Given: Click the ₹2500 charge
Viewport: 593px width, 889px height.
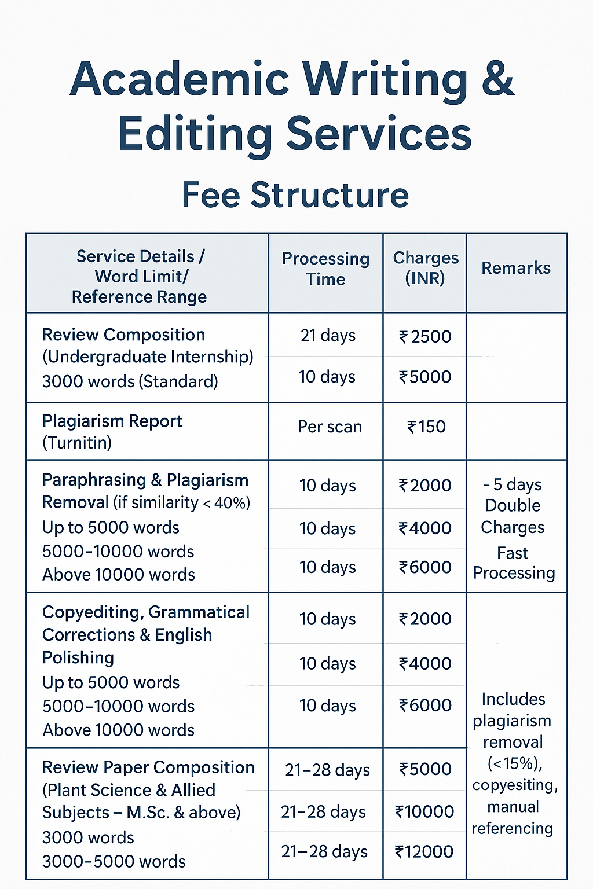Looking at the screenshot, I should click(x=425, y=336).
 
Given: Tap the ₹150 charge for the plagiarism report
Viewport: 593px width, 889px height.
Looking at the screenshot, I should click(x=426, y=427).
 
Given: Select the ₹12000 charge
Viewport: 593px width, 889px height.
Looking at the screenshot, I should click(x=424, y=851).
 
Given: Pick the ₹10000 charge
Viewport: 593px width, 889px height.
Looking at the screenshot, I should click(x=424, y=811).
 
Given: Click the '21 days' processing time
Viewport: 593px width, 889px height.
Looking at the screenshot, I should click(x=328, y=336).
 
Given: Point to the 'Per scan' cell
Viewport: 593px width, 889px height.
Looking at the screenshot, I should click(x=330, y=427).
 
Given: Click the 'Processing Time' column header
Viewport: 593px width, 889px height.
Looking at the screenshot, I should click(x=325, y=269).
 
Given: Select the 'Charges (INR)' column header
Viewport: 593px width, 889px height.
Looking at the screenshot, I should click(x=426, y=268).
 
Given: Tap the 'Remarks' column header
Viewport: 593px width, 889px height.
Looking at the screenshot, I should click(x=516, y=268).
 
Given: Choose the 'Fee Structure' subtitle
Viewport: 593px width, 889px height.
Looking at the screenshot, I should click(x=295, y=195).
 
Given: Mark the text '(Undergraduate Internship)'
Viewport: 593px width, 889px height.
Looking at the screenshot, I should click(x=148, y=357).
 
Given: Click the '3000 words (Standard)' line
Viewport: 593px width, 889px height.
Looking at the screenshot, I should click(x=130, y=382).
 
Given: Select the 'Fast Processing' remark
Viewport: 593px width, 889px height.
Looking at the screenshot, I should click(x=514, y=563).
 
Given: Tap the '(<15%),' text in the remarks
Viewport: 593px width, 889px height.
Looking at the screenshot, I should click(x=515, y=764).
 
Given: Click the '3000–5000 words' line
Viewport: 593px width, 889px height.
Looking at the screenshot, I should click(x=114, y=862).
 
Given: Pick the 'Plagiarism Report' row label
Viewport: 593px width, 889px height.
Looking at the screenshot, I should click(x=112, y=421).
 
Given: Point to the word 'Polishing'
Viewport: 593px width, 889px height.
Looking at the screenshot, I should click(x=78, y=658).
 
